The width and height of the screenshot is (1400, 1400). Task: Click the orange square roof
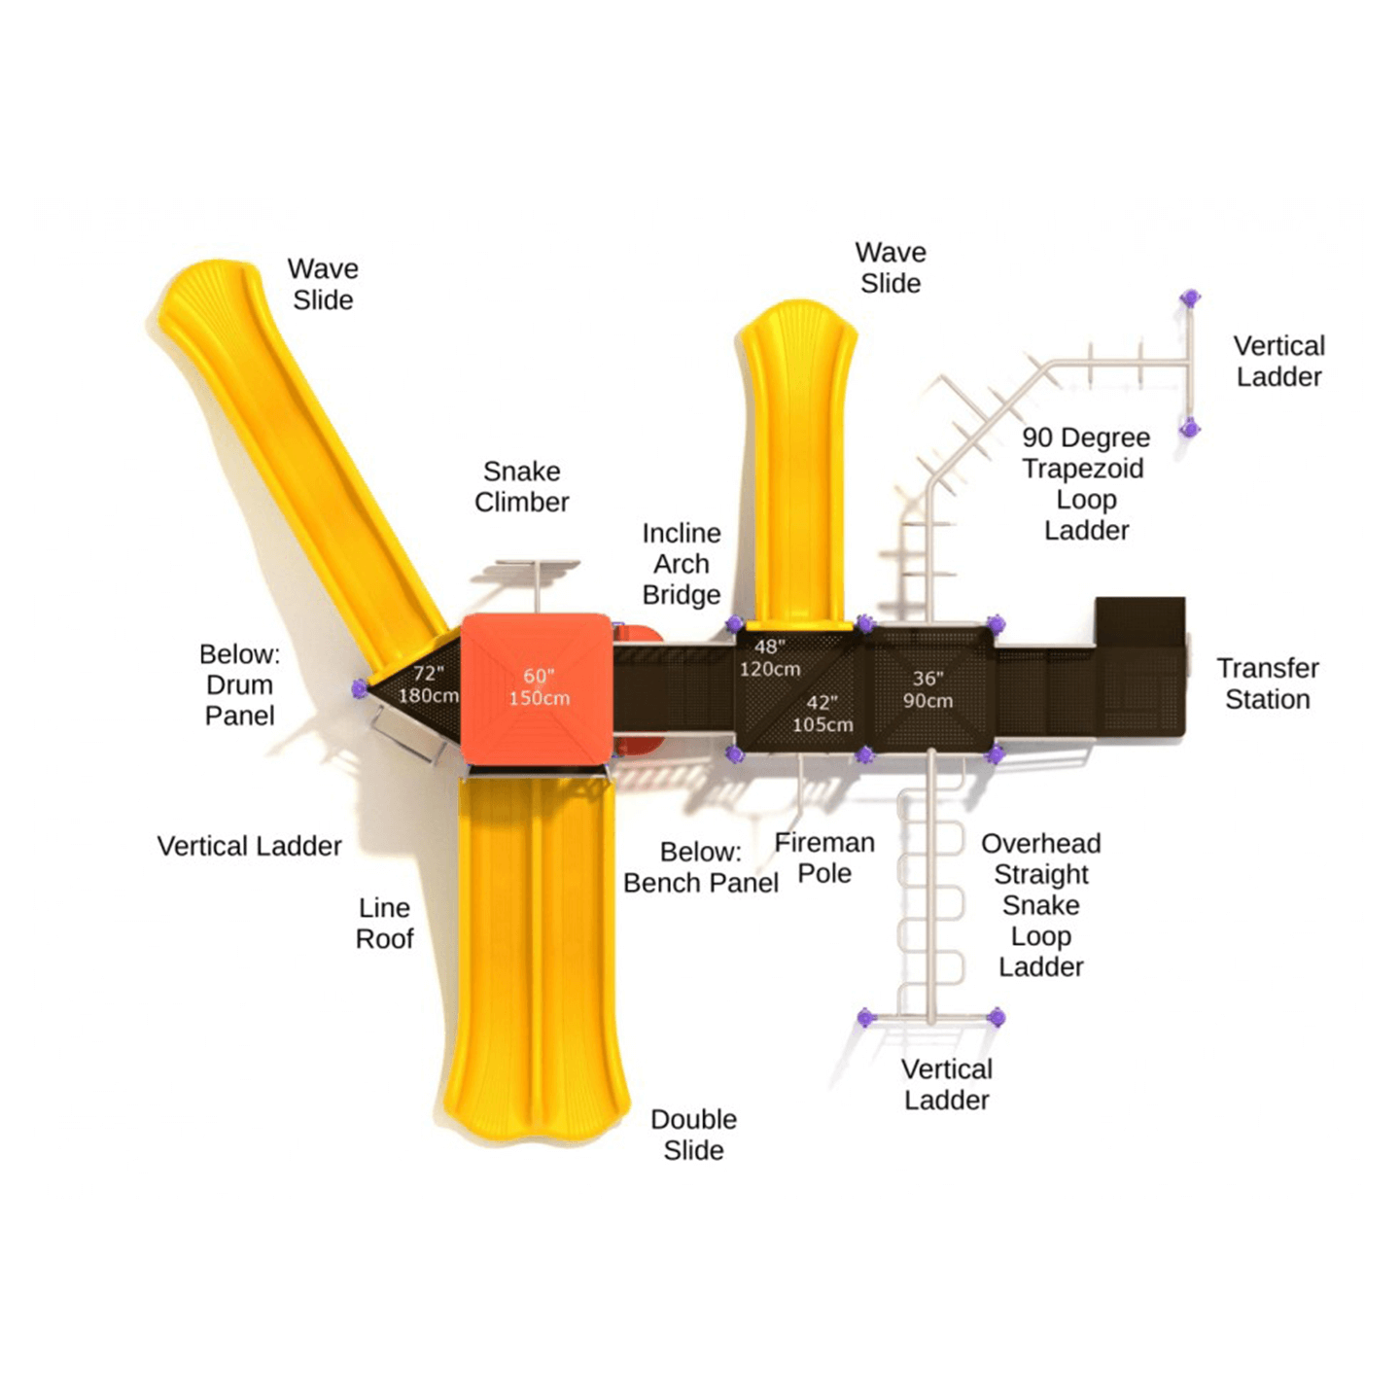pos(536,688)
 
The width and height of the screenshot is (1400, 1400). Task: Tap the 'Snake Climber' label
pos(522,487)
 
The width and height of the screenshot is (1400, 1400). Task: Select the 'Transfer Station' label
pos(1268,683)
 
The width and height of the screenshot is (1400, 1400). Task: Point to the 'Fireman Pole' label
pos(824,857)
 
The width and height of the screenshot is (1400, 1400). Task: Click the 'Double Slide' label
pos(694,1134)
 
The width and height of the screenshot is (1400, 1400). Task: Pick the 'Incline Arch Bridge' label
pos(682,564)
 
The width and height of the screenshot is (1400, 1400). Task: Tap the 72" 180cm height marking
pos(428,685)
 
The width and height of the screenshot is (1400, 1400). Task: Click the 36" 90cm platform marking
pos(927,689)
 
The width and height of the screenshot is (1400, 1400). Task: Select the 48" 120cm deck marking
pos(770,657)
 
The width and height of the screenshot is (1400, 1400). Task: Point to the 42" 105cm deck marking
pos(822,714)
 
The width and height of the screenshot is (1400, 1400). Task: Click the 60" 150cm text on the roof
pos(539,686)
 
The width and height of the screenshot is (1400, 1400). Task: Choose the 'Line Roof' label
pos(384,923)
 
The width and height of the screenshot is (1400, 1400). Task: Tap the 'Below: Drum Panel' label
pos(240,684)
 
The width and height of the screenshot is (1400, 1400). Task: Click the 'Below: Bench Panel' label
pos(701,866)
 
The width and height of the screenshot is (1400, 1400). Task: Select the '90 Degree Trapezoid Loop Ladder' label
pos(1086,483)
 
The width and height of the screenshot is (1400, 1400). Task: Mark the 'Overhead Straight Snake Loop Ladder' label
pos(1041,904)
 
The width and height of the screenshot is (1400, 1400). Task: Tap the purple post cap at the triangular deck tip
pos(359,688)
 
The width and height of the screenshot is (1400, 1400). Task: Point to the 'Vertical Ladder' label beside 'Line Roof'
pos(249,846)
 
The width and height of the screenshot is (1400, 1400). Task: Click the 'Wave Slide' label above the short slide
pos(891,267)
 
